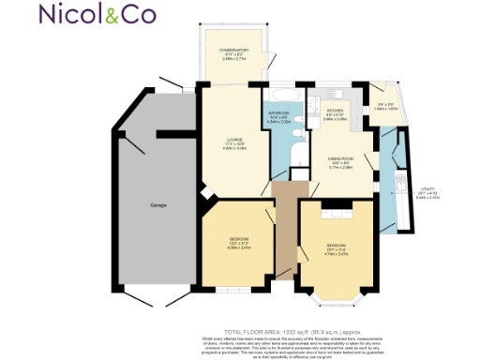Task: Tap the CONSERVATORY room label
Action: point(233,52)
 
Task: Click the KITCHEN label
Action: point(335,114)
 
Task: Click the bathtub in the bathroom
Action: point(282,97)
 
